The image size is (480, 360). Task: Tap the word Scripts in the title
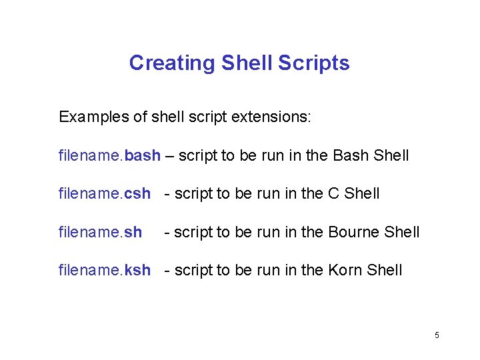coord(314,63)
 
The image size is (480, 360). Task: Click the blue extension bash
coord(143,155)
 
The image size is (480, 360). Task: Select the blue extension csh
coord(138,194)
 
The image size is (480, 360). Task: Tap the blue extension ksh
coord(138,270)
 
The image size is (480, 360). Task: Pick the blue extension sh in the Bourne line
coord(133,232)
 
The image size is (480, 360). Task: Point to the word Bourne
coord(354,232)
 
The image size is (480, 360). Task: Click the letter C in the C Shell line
coord(334,194)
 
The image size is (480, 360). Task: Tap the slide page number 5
coord(437,335)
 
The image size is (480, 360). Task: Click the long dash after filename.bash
coord(169,156)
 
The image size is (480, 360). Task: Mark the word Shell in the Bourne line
coord(402,232)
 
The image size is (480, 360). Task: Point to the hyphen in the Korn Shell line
coord(167,271)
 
